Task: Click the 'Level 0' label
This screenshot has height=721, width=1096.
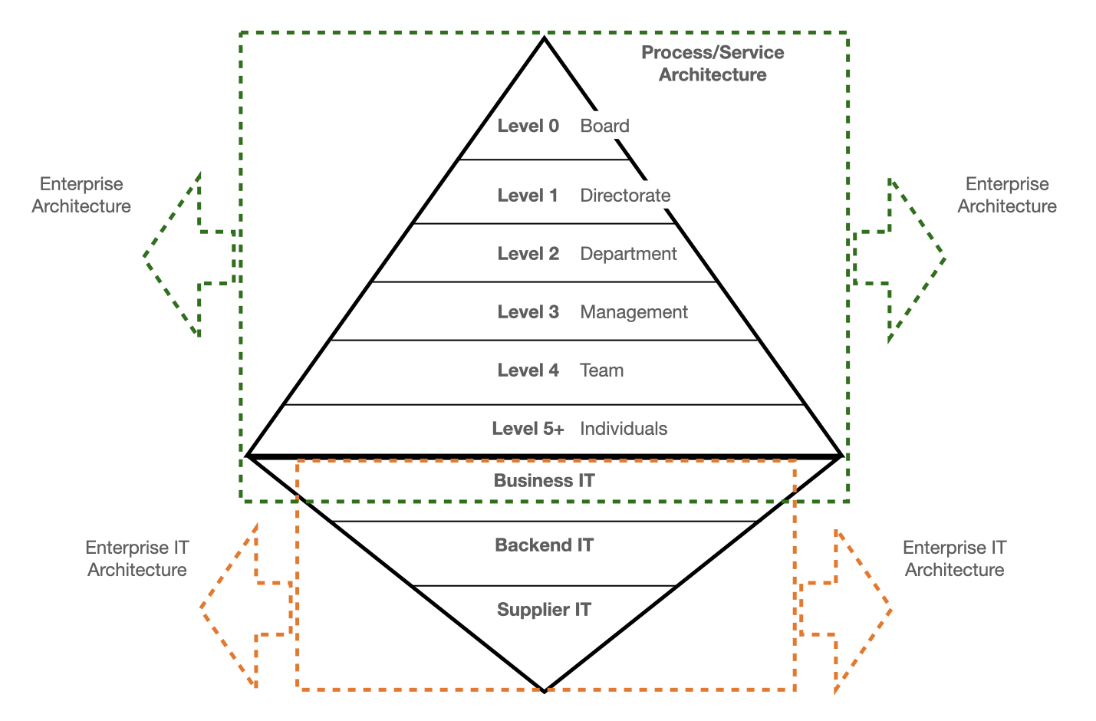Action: pos(528,126)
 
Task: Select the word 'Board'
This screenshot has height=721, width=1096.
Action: pos(604,126)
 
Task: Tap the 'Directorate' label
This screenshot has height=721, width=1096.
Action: pos(625,196)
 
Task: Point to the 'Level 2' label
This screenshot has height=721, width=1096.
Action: pos(528,254)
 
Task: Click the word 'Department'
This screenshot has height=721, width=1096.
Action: pos(628,254)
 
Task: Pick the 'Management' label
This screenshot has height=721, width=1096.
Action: pos(634,312)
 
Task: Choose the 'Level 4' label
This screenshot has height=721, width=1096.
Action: pos(528,370)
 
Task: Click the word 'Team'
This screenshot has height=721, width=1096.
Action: pos(601,370)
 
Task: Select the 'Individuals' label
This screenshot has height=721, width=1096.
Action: pos(624,429)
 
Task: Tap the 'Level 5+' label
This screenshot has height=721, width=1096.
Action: pos(528,429)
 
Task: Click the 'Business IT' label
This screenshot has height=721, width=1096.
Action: pos(544,481)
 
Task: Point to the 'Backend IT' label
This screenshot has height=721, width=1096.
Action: pos(544,545)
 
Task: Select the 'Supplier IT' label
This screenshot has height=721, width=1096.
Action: pos(544,610)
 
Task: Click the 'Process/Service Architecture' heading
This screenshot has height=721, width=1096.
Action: pos(713,64)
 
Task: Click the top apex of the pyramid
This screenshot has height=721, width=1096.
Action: pos(544,38)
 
